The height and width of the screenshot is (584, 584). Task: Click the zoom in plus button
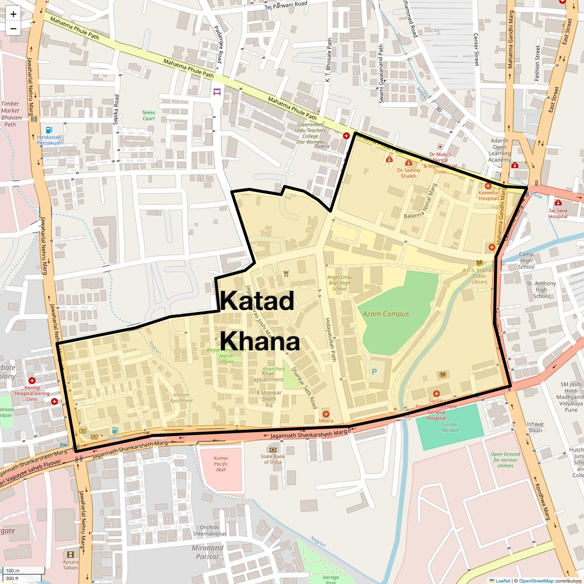pos(13,14)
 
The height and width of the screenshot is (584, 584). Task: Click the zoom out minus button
pos(13,29)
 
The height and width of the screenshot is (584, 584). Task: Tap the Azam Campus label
pos(386,314)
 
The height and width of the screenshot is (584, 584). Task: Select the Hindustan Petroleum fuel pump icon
pos(49,130)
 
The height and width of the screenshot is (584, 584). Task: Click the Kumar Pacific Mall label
pos(221,464)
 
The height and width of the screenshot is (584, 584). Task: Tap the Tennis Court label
pos(149,115)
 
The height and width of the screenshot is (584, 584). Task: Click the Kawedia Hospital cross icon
pos(488,186)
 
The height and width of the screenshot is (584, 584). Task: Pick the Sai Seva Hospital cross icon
pos(558,202)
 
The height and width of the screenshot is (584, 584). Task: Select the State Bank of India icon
pos(273,449)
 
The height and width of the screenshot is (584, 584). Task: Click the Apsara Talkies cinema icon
pos(71,554)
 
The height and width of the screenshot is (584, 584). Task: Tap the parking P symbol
pos(374,372)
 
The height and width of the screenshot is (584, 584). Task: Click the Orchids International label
pos(210,530)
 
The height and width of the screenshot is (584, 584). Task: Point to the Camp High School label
pos(526,260)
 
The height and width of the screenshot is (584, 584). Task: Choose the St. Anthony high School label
pos(541,290)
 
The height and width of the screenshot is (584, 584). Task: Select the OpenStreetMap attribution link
pos(536,581)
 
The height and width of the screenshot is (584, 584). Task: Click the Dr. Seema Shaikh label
pos(408,173)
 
